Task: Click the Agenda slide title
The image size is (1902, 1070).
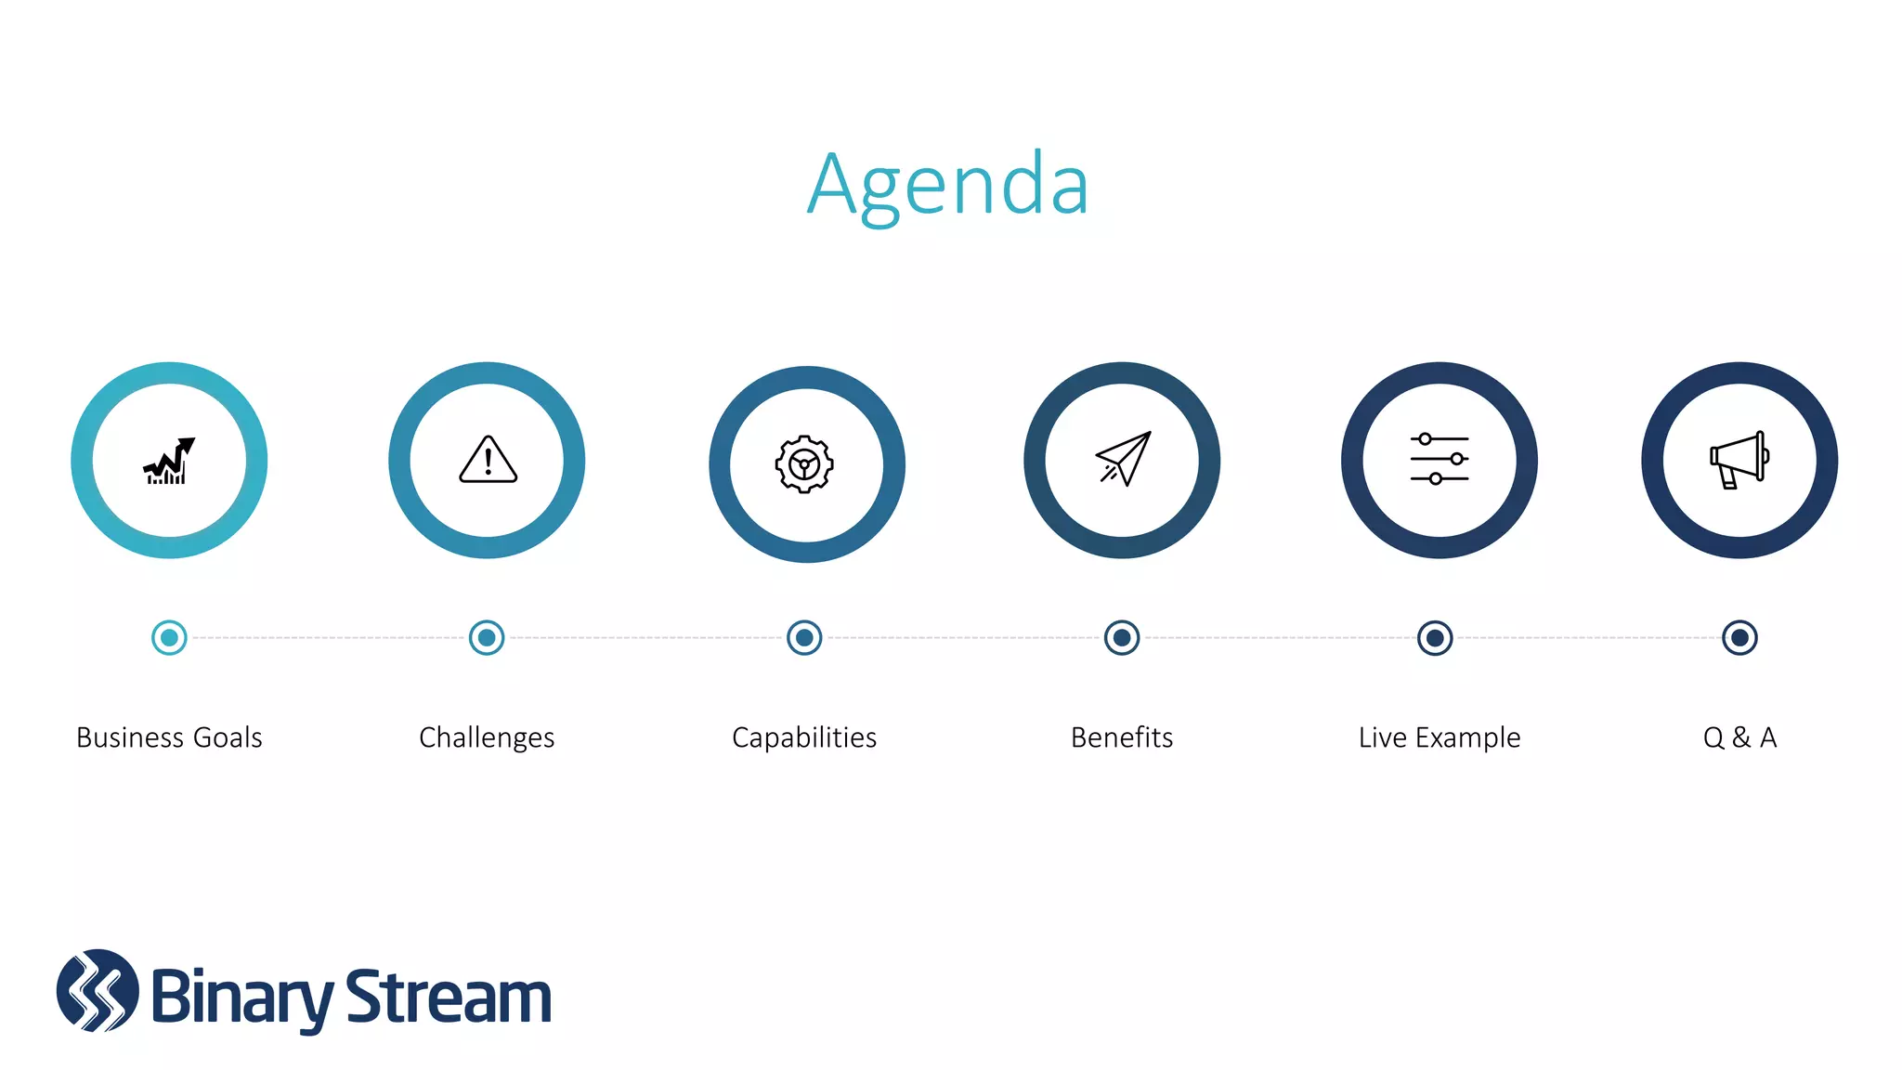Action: [x=947, y=186]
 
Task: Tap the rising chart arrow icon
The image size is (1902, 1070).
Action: [x=169, y=461]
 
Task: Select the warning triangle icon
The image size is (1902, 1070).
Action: [x=488, y=460]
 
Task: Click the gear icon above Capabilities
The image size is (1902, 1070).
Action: [x=804, y=463]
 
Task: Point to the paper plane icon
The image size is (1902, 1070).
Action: [x=1124, y=459]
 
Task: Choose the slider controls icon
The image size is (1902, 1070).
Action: [x=1439, y=459]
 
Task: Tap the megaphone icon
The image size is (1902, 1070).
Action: [x=1739, y=460]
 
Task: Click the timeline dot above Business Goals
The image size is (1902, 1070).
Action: [x=169, y=638]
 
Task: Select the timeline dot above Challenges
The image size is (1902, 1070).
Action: [x=487, y=638]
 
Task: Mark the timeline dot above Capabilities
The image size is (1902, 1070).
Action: [x=804, y=638]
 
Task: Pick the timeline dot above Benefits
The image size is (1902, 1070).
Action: [x=1122, y=638]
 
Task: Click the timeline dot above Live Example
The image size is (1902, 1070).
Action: [x=1435, y=638]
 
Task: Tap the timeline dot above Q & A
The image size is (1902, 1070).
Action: [x=1739, y=638]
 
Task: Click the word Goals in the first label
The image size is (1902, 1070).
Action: [x=227, y=737]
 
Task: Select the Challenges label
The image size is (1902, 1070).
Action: [x=487, y=737]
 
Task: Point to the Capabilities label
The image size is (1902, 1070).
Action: [x=804, y=737]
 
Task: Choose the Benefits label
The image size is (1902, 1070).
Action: [x=1122, y=737]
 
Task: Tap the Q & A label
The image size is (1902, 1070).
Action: [x=1739, y=737]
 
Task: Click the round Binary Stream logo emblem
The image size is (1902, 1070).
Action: [x=98, y=991]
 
